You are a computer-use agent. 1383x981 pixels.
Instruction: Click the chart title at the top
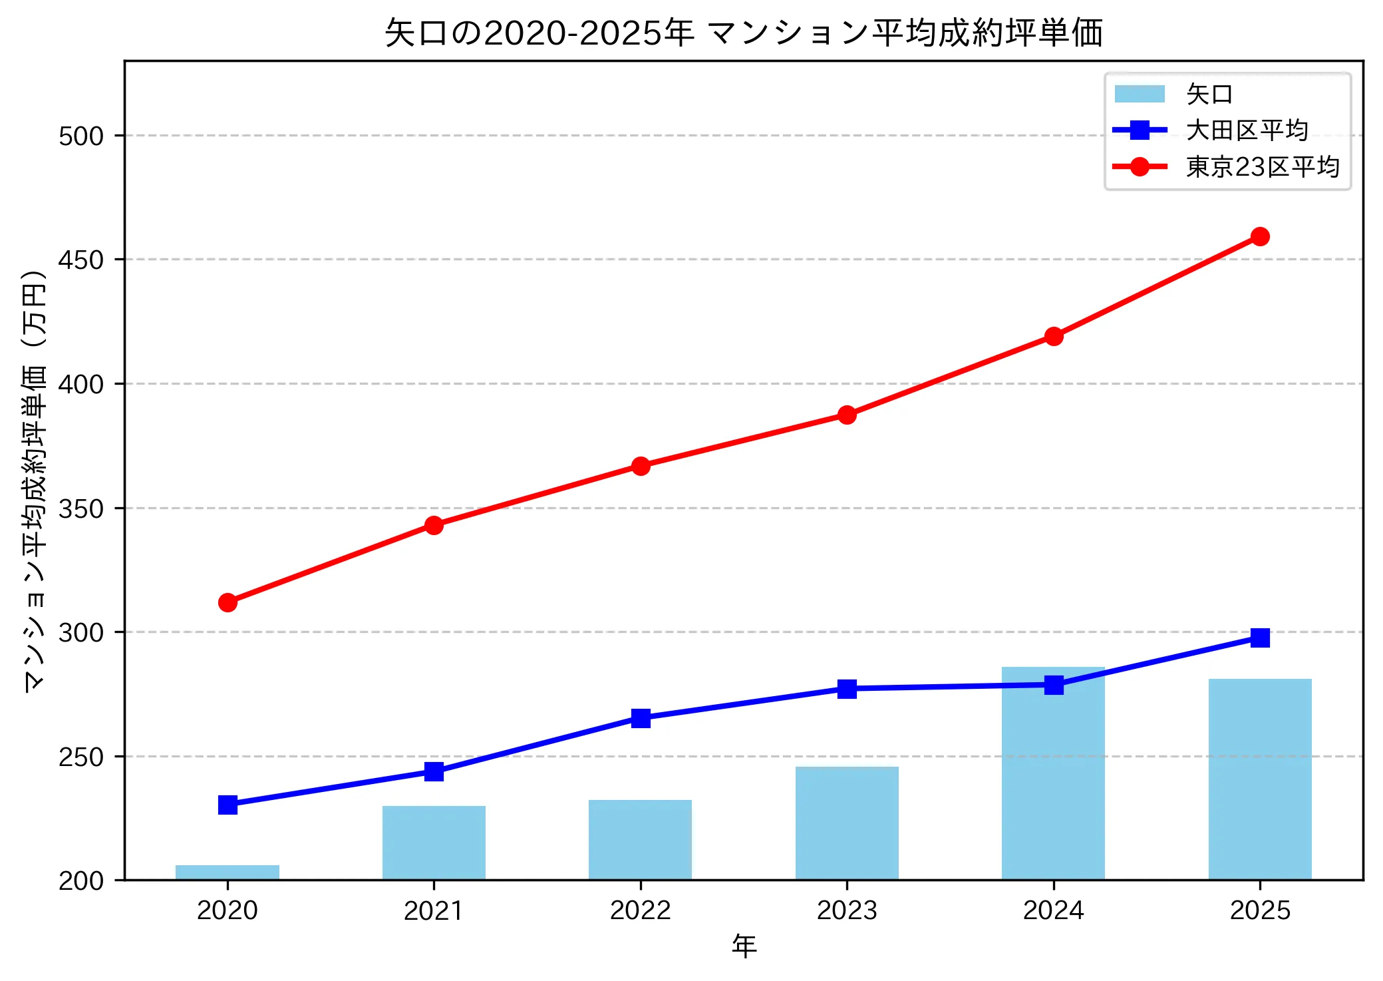pyautogui.click(x=744, y=32)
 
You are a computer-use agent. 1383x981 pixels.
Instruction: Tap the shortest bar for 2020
pyautogui.click(x=228, y=872)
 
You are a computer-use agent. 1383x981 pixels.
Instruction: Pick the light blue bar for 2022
pyautogui.click(x=640, y=840)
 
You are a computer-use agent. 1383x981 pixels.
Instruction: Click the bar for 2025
pyautogui.click(x=1259, y=779)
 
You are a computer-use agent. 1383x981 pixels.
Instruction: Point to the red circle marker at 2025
pyautogui.click(x=1259, y=236)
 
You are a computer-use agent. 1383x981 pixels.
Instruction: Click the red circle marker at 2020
pyautogui.click(x=228, y=602)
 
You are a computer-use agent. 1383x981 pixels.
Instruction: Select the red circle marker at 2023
pyautogui.click(x=847, y=415)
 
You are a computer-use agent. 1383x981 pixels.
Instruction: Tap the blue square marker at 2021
pyautogui.click(x=434, y=771)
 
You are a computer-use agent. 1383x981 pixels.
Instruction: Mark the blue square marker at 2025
pyautogui.click(x=1259, y=638)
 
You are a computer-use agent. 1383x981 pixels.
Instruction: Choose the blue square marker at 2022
pyautogui.click(x=640, y=718)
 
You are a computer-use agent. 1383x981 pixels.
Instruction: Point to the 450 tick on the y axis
pyautogui.click(x=81, y=260)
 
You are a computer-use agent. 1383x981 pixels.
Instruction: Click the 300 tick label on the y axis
pyautogui.click(x=81, y=632)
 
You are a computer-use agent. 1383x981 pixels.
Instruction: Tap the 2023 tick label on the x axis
pyautogui.click(x=847, y=910)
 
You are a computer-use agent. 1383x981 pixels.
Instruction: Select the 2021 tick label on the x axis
pyautogui.click(x=434, y=910)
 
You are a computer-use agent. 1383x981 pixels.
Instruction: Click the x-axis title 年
pyautogui.click(x=744, y=946)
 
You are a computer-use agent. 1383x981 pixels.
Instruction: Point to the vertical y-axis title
pyautogui.click(x=35, y=481)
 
